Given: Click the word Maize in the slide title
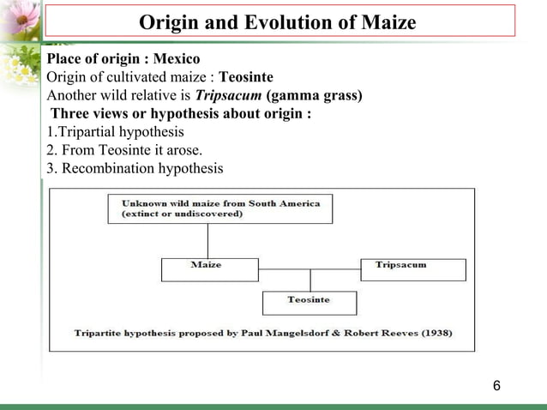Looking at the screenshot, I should pos(386,22).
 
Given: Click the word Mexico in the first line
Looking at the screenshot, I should pos(176,60).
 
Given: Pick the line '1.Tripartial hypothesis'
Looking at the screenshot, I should pos(115,132).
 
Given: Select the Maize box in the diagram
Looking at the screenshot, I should pos(209,269).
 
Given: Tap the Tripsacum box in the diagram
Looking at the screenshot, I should pos(413,269).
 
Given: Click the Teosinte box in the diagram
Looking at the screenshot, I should pos(310,303).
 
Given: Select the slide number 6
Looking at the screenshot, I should pos(496,384).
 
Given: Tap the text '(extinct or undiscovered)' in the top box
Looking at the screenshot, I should pos(182,214).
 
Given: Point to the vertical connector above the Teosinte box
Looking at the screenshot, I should pos(310,280).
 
